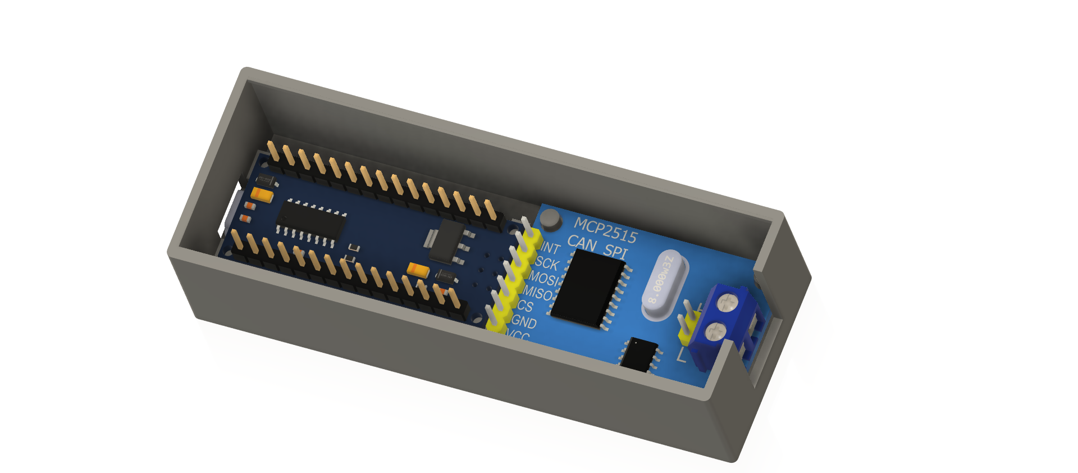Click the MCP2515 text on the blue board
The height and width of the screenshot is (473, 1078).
605,231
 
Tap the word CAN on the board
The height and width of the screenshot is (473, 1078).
582,243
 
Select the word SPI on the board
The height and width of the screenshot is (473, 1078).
615,251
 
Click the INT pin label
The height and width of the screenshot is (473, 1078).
551,248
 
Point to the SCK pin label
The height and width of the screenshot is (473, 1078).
547,263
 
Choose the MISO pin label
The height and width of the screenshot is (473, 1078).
538,293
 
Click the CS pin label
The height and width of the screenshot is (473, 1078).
525,306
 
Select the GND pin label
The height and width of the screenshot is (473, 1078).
524,322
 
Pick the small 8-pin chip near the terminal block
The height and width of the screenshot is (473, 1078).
640,354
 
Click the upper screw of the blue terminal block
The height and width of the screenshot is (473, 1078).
727,303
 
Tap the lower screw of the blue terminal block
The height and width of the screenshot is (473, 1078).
714,331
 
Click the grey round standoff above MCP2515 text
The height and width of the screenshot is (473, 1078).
550,219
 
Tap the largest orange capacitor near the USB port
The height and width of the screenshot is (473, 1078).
262,195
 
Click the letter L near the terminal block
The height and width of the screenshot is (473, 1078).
681,354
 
